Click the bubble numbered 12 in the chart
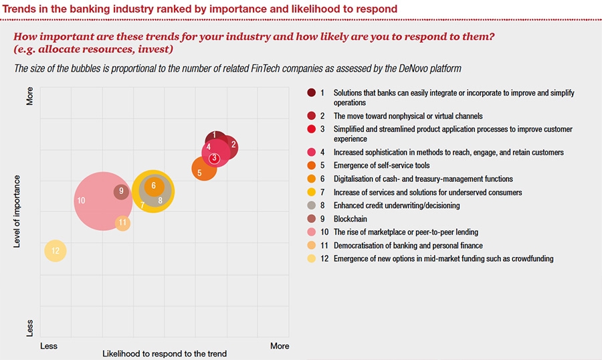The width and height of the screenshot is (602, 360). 56,251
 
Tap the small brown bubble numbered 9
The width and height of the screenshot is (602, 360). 121,192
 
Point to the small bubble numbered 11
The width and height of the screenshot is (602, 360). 122,223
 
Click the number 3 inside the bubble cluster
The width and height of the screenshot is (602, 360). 214,159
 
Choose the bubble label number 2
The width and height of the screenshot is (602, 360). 233,144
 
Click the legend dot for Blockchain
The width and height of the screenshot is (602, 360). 312,219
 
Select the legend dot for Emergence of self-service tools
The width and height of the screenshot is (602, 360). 312,165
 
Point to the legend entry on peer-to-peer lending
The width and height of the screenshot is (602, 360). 406,232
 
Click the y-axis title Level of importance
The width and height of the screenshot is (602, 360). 18,211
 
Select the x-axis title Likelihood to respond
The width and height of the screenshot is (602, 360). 165,353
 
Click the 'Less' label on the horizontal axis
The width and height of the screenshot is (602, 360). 49,346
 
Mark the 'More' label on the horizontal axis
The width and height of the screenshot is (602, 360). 280,346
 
